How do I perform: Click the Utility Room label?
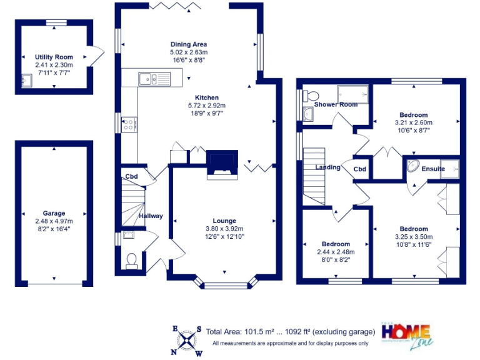click(x=54, y=57)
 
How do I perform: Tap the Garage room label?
click(x=54, y=213)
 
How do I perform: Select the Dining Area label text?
click(x=188, y=44)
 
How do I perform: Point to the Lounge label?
click(x=224, y=221)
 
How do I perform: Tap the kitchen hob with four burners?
click(x=129, y=124)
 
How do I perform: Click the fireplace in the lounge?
click(x=222, y=164)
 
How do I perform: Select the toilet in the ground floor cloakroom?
click(x=131, y=261)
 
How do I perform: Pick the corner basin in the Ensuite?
click(x=414, y=167)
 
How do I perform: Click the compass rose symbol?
click(x=187, y=340)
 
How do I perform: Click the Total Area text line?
click(x=291, y=331)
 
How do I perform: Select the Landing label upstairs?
click(x=327, y=167)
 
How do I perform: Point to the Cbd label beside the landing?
click(x=359, y=169)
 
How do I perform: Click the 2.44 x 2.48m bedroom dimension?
click(x=336, y=252)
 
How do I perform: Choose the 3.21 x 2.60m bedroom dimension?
click(x=413, y=123)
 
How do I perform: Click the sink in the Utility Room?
click(x=26, y=80)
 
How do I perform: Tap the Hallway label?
click(x=151, y=216)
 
